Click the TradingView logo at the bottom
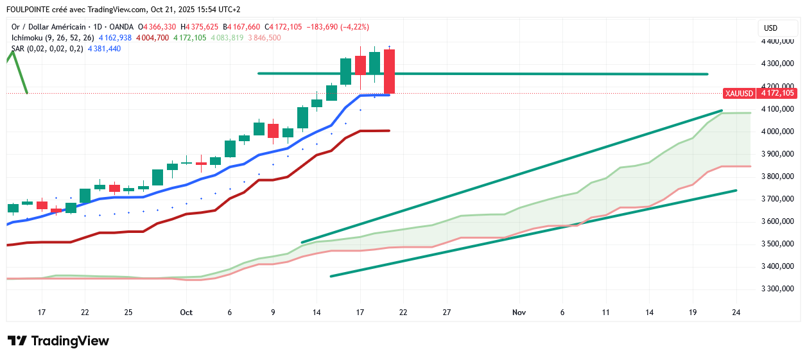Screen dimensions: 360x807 pos(58,341)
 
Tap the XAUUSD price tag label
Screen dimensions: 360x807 pos(739,93)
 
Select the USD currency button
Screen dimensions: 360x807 pos(770,28)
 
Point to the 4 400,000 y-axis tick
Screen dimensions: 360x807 pos(776,41)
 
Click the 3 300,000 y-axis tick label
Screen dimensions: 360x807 pos(776,289)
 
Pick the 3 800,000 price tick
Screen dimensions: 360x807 pos(776,176)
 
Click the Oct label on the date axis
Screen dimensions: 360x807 pos(186,313)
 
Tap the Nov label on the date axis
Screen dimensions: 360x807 pos(519,313)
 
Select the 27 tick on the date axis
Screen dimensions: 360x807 pos(447,313)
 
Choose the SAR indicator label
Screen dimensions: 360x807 pos(19,49)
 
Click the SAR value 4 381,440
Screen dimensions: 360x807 pos(105,49)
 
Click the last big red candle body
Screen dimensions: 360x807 pos(389,71)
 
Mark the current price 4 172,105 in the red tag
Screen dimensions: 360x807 pos(777,93)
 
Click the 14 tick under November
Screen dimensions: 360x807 pos(650,313)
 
